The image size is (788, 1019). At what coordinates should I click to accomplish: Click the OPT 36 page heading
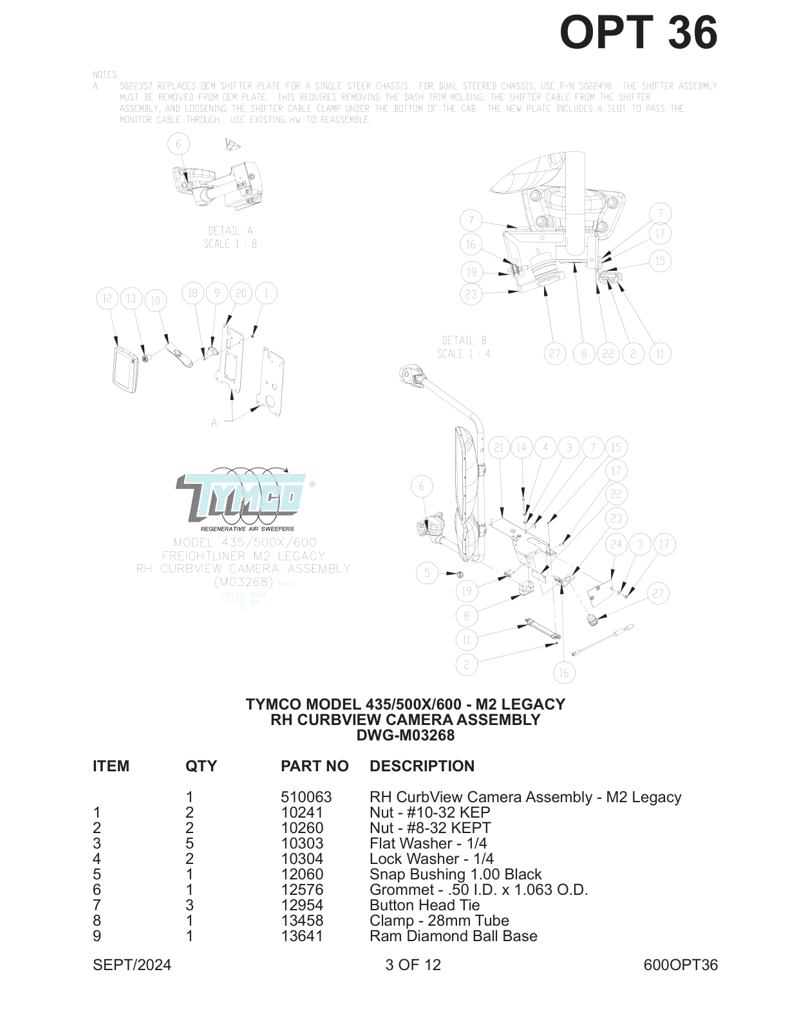point(638,32)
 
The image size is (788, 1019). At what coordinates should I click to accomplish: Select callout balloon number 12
point(107,298)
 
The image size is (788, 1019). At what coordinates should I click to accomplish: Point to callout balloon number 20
point(241,293)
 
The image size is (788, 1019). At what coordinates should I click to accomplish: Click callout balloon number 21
point(499,448)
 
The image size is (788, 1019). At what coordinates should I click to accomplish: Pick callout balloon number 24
point(616,544)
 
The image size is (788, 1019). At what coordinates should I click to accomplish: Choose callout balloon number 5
point(427,573)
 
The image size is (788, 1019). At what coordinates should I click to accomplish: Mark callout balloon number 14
point(521,448)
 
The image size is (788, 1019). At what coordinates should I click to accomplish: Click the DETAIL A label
point(230,231)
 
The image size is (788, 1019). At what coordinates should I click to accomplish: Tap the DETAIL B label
point(464,340)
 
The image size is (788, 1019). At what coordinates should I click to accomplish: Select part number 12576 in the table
point(302,890)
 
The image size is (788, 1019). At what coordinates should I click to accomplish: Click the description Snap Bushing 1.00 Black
point(455,874)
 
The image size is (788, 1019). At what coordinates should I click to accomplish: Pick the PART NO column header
point(314,766)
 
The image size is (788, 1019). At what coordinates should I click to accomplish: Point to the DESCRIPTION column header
point(422,766)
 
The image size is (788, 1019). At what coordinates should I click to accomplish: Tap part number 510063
point(306,797)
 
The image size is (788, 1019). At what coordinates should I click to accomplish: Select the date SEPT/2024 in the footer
point(132,965)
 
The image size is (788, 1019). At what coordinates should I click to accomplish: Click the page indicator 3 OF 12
point(413,965)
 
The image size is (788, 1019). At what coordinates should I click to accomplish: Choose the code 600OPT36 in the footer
point(680,965)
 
